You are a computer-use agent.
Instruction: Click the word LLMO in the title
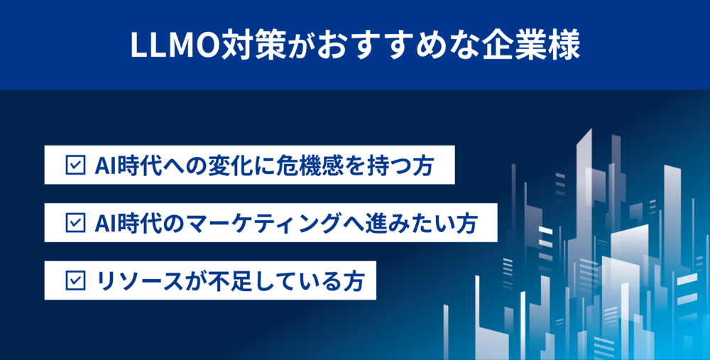pos(175,45)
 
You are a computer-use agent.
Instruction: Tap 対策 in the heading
pos(254,45)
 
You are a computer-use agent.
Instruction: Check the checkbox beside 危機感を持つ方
pos(75,165)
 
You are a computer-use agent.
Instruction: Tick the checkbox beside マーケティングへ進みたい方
pos(75,223)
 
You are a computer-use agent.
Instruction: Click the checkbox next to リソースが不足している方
pos(75,280)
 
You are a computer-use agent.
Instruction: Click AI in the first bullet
pos(104,166)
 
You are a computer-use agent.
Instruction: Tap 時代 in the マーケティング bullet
pos(138,224)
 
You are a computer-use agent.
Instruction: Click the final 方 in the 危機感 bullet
pos(422,165)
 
